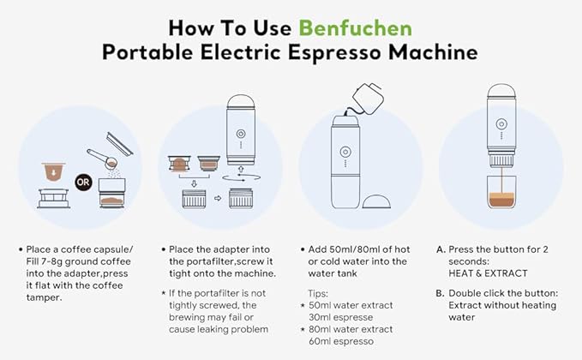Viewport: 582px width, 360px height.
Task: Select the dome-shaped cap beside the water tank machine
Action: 380,202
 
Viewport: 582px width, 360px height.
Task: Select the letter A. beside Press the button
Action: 441,249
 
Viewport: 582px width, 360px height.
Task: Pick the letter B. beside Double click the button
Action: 441,291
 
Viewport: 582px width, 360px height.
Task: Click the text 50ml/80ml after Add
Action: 349,249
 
